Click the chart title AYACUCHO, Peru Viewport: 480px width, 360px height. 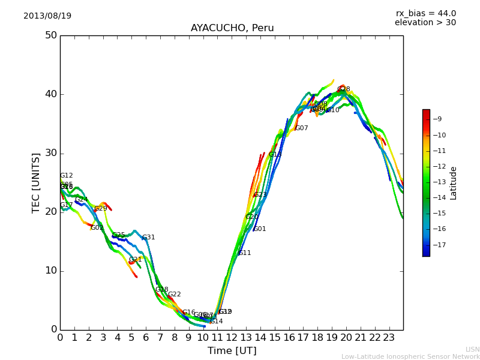click(232, 28)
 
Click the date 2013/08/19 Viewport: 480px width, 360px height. click(47, 16)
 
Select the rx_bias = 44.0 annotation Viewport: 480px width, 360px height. click(425, 13)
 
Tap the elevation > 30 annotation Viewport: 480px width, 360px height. click(425, 23)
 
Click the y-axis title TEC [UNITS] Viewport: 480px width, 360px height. click(36, 182)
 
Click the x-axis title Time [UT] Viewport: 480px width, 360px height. click(232, 350)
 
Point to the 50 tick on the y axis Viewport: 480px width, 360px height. click(50, 35)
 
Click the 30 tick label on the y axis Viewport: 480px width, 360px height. click(50, 153)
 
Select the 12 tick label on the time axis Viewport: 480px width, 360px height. click(232, 338)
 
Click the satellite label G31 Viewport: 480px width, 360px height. click(148, 238)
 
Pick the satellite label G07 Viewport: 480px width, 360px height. click(301, 128)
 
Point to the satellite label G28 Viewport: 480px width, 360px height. click(343, 89)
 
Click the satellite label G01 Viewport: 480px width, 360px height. click(259, 229)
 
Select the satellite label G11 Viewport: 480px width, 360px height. click(244, 253)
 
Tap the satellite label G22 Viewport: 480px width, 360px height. click(174, 295)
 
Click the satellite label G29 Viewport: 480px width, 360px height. click(100, 209)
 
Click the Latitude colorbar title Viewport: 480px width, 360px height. click(454, 183)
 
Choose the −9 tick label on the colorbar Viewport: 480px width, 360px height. click(437, 119)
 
